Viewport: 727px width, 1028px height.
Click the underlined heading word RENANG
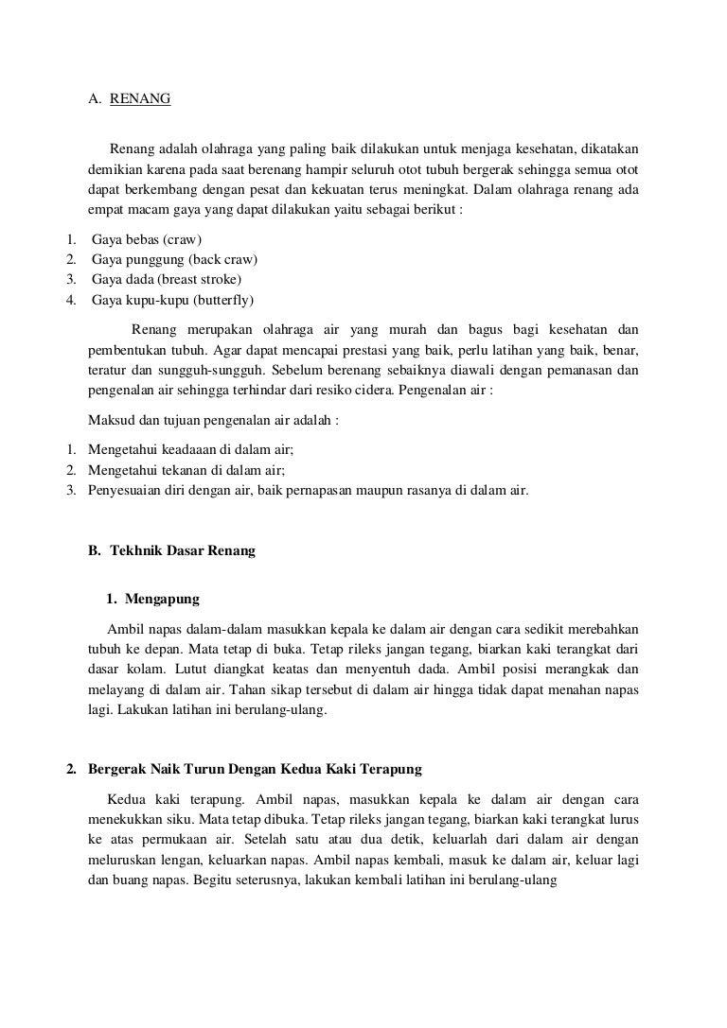click(140, 96)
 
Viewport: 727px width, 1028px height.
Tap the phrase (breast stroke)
click(201, 280)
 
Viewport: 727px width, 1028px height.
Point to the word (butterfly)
click(224, 300)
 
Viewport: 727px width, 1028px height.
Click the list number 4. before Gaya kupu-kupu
click(69, 300)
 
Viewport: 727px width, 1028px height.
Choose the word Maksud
click(110, 421)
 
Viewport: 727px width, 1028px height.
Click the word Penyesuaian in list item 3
click(123, 490)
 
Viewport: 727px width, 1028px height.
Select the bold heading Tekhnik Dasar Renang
click(183, 550)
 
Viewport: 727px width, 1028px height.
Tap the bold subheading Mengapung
click(162, 599)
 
